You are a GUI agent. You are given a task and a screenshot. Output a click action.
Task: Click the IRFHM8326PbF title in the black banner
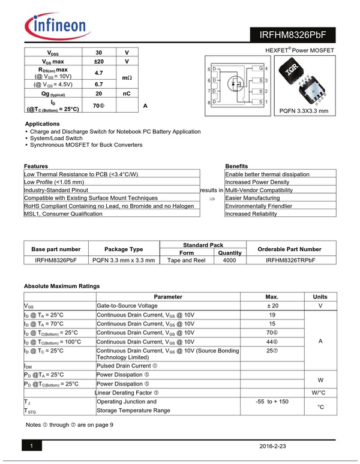pyautogui.click(x=293, y=34)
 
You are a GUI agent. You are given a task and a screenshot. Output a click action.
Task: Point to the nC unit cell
pyautogui.click(x=127, y=94)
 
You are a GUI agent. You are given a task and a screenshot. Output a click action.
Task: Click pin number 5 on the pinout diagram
pyautogui.click(x=208, y=70)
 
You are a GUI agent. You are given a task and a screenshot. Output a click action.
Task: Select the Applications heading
pyautogui.click(x=42, y=123)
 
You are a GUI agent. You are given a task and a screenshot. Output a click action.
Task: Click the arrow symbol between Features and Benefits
pyautogui.click(x=212, y=198)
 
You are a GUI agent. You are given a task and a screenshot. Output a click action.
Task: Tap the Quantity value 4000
pyautogui.click(x=229, y=260)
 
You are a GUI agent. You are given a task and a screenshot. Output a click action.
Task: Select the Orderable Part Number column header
pyautogui.click(x=289, y=249)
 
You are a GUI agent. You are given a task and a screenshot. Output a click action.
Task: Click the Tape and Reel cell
pyautogui.click(x=187, y=260)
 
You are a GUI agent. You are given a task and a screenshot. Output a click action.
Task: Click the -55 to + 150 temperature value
pyautogui.click(x=272, y=401)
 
